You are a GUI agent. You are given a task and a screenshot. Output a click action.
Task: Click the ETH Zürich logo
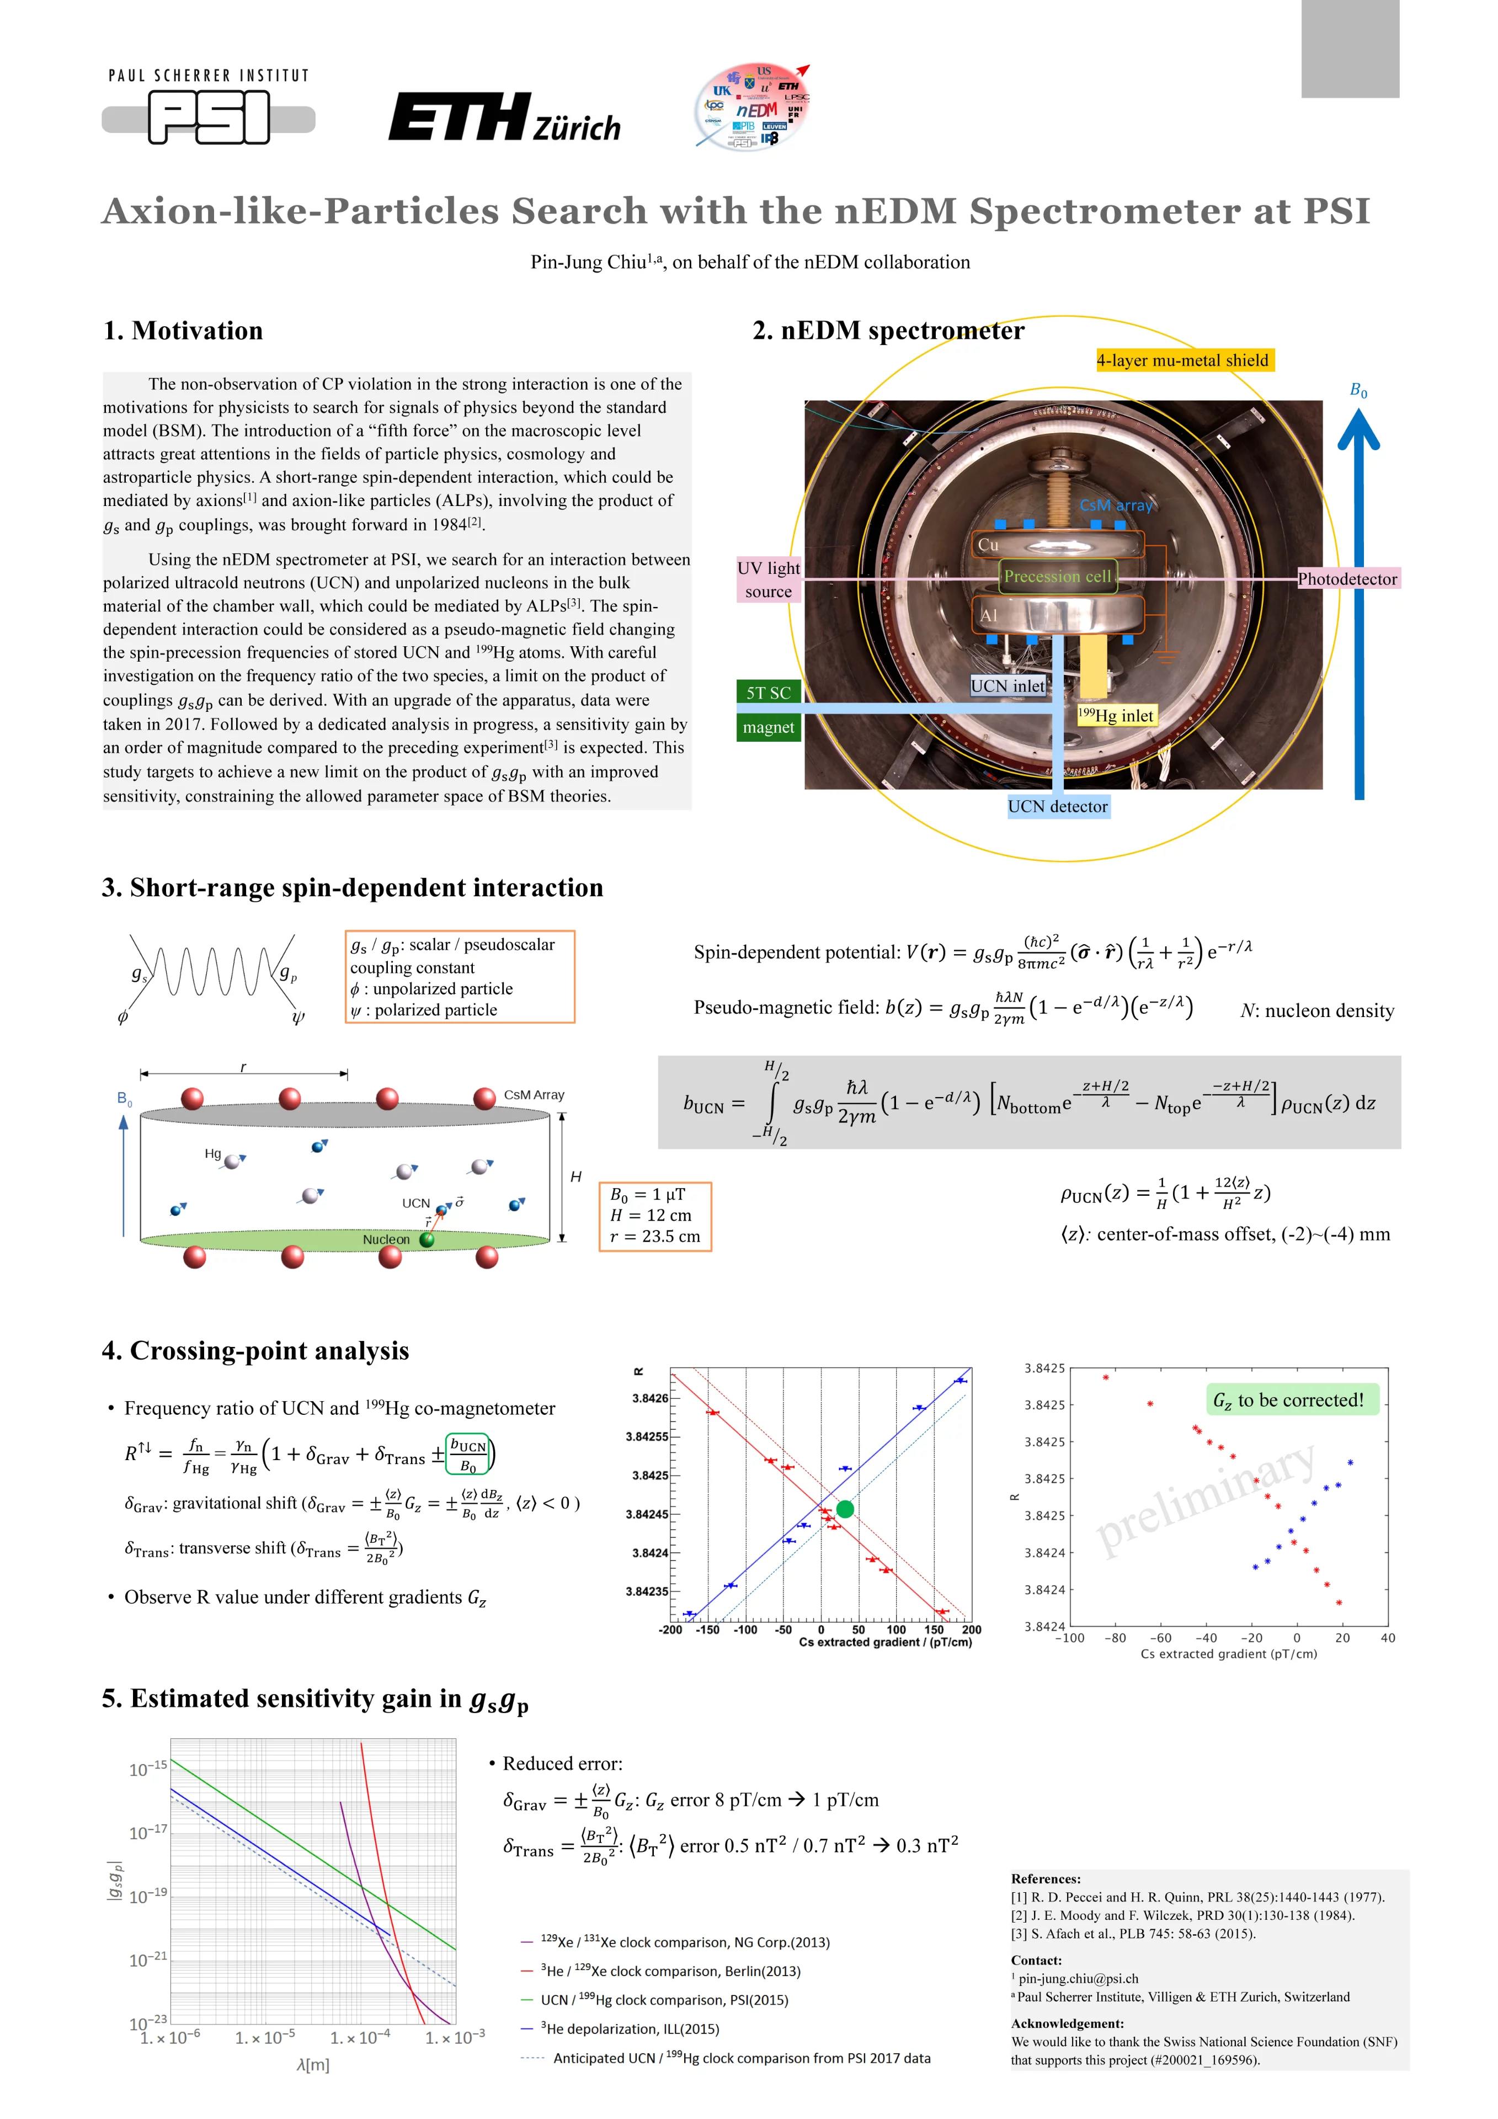pyautogui.click(x=504, y=118)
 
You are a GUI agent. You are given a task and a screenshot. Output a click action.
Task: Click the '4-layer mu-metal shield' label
pyautogui.click(x=1184, y=360)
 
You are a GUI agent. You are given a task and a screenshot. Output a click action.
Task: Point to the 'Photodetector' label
pyautogui.click(x=1347, y=579)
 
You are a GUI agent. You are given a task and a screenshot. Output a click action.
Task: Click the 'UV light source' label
pyautogui.click(x=768, y=579)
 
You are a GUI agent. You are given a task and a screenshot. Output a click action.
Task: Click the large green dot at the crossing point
pyautogui.click(x=845, y=1509)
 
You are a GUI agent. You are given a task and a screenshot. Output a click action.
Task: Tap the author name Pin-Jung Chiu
pyautogui.click(x=588, y=262)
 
